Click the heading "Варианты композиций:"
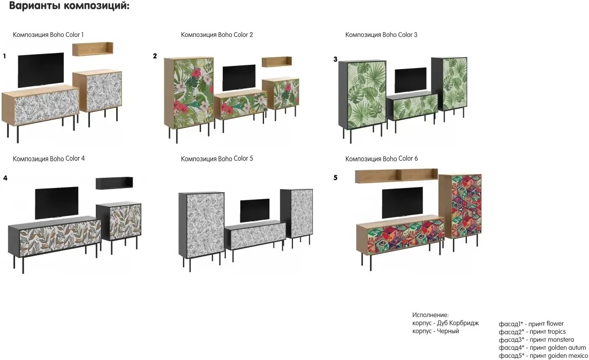[70, 7]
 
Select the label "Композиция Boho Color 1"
[48, 35]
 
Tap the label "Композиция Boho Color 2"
[217, 35]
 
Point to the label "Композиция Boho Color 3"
[381, 35]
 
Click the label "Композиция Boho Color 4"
[49, 159]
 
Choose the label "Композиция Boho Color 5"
[217, 159]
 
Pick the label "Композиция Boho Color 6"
[381, 159]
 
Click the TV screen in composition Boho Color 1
[41, 69]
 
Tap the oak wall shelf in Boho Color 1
[93, 49]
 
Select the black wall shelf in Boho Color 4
[114, 183]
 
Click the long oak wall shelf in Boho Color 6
[396, 175]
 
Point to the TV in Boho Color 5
[254, 210]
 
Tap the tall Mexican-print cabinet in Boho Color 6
[460, 206]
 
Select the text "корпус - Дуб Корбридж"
[445, 323]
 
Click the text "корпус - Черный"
[435, 331]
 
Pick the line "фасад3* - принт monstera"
[536, 340]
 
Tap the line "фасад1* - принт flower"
[531, 324]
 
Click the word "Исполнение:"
[430, 315]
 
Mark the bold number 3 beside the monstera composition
[335, 59]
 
